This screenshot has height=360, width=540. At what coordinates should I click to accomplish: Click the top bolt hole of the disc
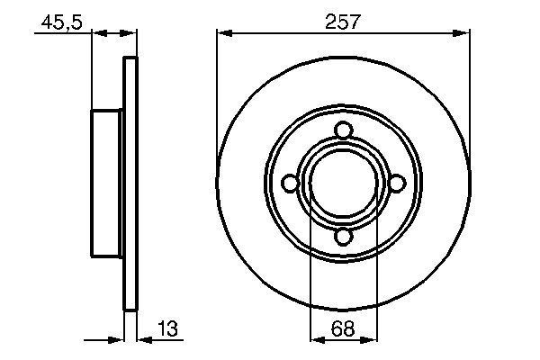pyautogui.click(x=342, y=131)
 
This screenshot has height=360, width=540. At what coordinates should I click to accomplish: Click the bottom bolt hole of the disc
pyautogui.click(x=342, y=238)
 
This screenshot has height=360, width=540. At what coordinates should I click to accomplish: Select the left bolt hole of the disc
pyautogui.click(x=290, y=184)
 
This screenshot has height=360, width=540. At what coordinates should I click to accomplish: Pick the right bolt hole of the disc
pyautogui.click(x=395, y=184)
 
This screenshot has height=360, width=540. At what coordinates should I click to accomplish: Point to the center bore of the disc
pyautogui.click(x=342, y=184)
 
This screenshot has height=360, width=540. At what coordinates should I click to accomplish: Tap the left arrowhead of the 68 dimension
pyautogui.click(x=317, y=340)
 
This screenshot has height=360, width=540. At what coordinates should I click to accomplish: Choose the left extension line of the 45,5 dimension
pyautogui.click(x=92, y=72)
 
